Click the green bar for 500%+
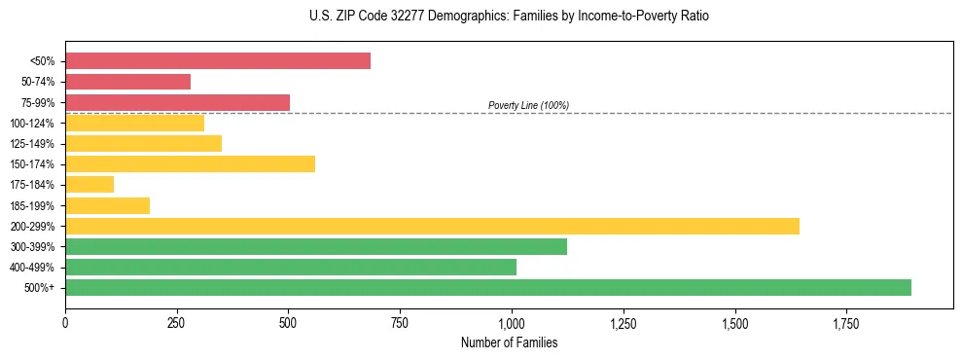[x=487, y=287]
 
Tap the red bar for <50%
[x=218, y=61]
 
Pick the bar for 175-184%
[x=89, y=184]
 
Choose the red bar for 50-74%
[x=127, y=82]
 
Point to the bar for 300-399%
[x=316, y=246]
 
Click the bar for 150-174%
[x=190, y=163]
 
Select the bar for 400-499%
[x=291, y=267]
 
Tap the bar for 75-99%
[x=177, y=102]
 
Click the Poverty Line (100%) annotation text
[x=528, y=105]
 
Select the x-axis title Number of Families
[x=509, y=342]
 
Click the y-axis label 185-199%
[x=32, y=205]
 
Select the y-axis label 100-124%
[x=32, y=124]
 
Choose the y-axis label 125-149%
[x=32, y=144]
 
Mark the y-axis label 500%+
[x=38, y=288]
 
